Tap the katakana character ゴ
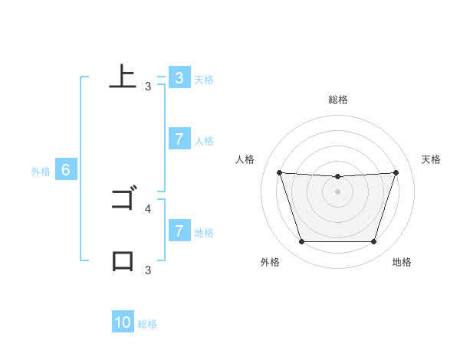click(123, 200)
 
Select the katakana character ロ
click(123, 261)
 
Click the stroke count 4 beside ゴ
click(148, 208)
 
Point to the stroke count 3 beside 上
click(148, 87)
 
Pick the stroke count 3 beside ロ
click(148, 270)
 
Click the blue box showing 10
click(123, 323)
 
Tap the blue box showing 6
click(66, 171)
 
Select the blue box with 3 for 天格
click(179, 78)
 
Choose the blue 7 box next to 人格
click(179, 139)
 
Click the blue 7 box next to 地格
click(179, 231)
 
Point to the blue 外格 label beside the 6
click(41, 172)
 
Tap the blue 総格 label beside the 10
click(147, 324)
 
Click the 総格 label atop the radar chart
click(337, 100)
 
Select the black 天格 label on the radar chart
click(432, 159)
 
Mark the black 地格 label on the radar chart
click(402, 262)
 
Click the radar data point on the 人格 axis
click(279, 173)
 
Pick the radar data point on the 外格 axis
click(301, 242)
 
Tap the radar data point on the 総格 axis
click(337, 177)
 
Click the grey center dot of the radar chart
click(337, 191)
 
